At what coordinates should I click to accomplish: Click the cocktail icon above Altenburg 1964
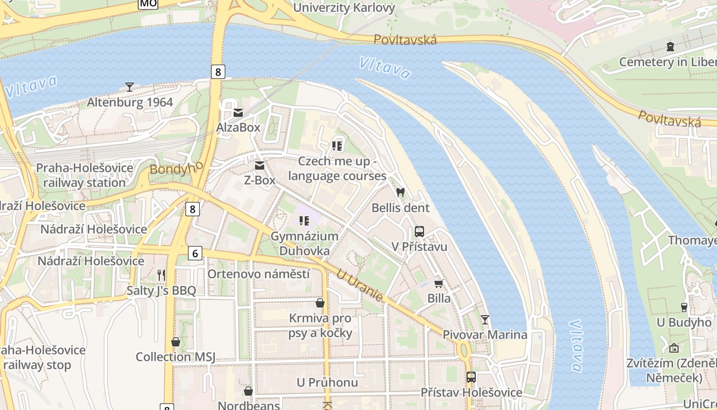(x=130, y=87)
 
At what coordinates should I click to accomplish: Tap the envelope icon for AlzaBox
(x=238, y=112)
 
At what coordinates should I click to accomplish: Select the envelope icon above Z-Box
(x=260, y=165)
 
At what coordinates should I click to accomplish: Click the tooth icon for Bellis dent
(x=400, y=193)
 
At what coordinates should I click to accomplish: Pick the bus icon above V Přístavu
(x=419, y=232)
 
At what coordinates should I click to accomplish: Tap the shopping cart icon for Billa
(x=439, y=283)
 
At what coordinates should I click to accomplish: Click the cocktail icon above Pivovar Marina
(x=484, y=320)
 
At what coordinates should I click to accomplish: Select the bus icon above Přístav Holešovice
(x=471, y=377)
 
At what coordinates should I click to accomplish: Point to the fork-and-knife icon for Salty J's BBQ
(x=161, y=275)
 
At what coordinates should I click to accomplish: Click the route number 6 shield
(x=195, y=253)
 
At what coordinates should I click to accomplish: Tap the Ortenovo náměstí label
(x=258, y=274)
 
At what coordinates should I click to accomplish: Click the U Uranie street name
(x=360, y=285)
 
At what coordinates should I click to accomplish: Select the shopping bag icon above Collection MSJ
(x=176, y=342)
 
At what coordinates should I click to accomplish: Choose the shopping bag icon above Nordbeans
(x=248, y=392)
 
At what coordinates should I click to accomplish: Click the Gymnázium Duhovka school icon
(x=304, y=221)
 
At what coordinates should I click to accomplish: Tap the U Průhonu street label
(x=327, y=383)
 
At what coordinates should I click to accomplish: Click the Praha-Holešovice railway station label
(x=85, y=175)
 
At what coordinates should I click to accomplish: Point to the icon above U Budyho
(x=684, y=307)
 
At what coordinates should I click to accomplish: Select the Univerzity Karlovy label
(x=344, y=8)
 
